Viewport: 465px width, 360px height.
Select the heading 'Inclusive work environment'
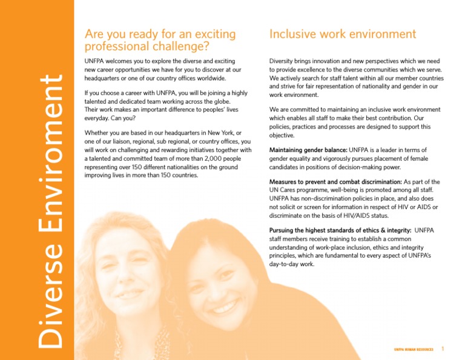(x=343, y=34)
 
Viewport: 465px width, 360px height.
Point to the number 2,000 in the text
(x=200, y=159)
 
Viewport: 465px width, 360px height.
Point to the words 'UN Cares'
(x=283, y=190)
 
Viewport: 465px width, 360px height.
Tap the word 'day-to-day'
(x=285, y=264)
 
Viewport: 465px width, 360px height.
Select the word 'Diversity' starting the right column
(x=283, y=61)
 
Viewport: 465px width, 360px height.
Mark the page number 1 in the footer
(x=443, y=349)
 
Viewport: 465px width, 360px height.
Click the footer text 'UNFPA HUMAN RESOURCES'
(x=414, y=350)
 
